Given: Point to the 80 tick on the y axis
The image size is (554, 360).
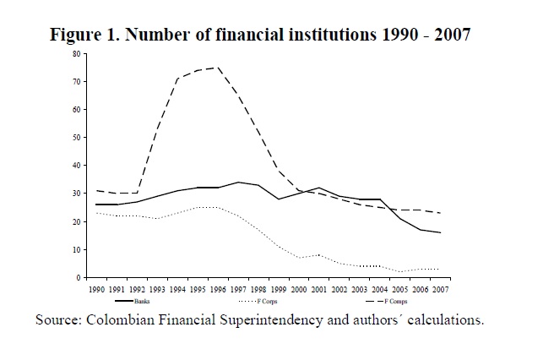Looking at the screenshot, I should click(76, 54).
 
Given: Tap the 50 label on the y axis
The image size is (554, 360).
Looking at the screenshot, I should click(76, 138).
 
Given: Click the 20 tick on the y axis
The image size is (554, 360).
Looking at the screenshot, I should click(76, 221).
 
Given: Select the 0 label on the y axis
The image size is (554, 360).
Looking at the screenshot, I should click(78, 277).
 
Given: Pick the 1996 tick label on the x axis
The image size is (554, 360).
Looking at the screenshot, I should click(220, 289).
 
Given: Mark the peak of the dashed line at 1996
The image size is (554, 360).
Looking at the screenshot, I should click(220, 68).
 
